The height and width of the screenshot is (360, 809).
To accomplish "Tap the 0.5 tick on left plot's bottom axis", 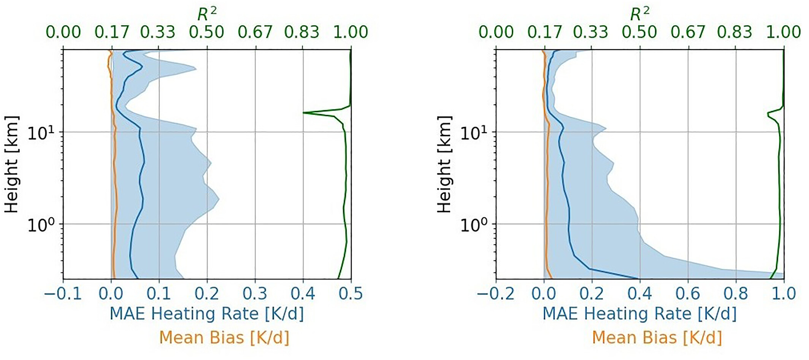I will (x=351, y=294).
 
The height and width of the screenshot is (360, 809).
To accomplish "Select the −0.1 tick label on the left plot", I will (x=63, y=294).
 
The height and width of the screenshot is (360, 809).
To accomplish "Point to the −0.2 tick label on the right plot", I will (x=496, y=294).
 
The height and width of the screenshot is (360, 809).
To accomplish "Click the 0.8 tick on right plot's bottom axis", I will (x=736, y=294).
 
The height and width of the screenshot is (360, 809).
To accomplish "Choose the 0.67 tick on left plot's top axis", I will (x=255, y=32).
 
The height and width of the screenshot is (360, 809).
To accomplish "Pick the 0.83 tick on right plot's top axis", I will (x=734, y=32).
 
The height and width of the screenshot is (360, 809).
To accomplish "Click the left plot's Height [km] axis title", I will (x=11, y=164).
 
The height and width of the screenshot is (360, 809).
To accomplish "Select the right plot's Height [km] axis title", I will (x=444, y=164).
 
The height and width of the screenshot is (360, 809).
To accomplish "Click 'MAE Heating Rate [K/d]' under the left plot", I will (x=207, y=314).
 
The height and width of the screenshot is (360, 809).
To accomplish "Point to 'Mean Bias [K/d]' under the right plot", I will (x=657, y=338).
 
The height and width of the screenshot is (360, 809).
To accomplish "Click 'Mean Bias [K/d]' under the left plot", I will (x=224, y=338).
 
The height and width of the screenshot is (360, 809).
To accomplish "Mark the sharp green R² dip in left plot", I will (x=304, y=113).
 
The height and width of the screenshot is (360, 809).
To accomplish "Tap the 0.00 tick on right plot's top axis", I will (x=496, y=32).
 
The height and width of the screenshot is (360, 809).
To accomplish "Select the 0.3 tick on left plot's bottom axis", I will (x=255, y=294).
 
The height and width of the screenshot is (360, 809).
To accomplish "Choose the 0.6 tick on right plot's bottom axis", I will (x=688, y=294).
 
